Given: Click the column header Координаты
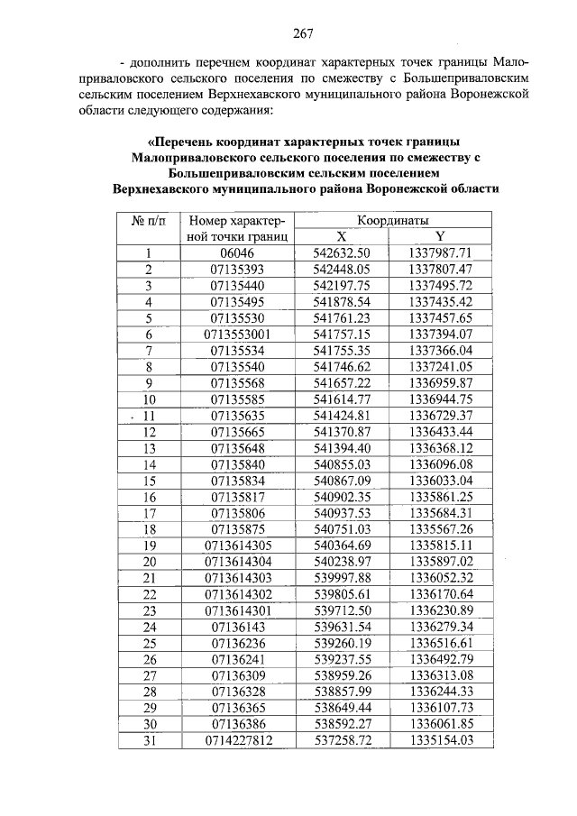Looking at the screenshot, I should [x=392, y=220].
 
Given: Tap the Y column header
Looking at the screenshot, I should [x=440, y=236].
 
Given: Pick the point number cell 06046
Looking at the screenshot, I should [x=238, y=252].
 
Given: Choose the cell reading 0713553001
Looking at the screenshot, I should [x=238, y=334].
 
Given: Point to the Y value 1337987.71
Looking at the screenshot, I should [x=440, y=252].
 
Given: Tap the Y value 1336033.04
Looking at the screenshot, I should [x=440, y=480].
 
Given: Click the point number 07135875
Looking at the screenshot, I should [x=238, y=528].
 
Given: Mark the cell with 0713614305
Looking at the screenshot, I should [x=238, y=545].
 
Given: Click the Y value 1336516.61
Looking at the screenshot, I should [x=440, y=642].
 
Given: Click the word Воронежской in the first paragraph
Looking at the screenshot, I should [x=489, y=95].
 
